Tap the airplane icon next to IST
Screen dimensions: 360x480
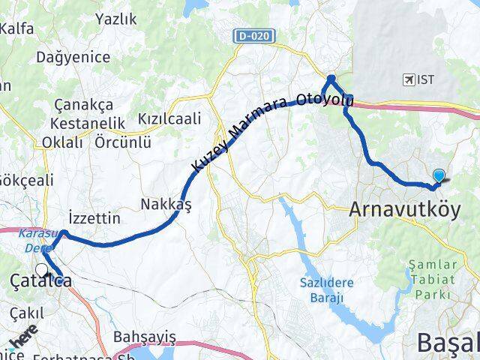(x=409, y=79)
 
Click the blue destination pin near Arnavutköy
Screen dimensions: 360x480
(x=438, y=176)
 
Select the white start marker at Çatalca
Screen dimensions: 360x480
(x=41, y=270)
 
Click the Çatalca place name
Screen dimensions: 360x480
(x=41, y=282)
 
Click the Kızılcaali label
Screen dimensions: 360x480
(x=169, y=118)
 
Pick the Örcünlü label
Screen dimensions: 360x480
(x=123, y=142)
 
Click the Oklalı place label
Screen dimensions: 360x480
(x=62, y=142)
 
